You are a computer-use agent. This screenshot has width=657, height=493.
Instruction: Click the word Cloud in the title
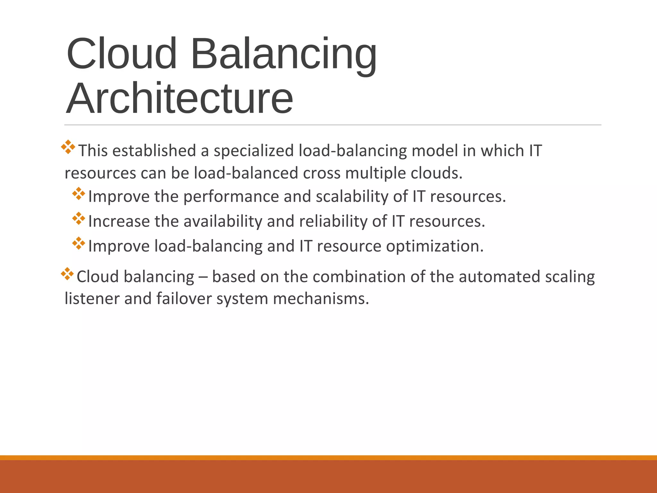point(122,54)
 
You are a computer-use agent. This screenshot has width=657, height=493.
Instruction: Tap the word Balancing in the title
point(284,54)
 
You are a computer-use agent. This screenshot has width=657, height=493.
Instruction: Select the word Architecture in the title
point(179,99)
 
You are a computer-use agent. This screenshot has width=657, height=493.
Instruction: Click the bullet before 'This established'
point(68,147)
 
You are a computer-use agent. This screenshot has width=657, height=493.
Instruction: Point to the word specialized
point(254,151)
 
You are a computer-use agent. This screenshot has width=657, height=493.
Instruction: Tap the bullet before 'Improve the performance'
point(79,194)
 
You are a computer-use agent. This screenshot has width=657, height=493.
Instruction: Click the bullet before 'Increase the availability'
point(79,219)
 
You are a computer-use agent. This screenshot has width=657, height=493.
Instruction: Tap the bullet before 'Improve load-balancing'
point(79,244)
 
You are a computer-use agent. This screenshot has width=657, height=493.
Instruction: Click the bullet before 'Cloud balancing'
point(67,274)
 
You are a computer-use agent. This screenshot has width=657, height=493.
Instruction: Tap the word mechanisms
point(321,299)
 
